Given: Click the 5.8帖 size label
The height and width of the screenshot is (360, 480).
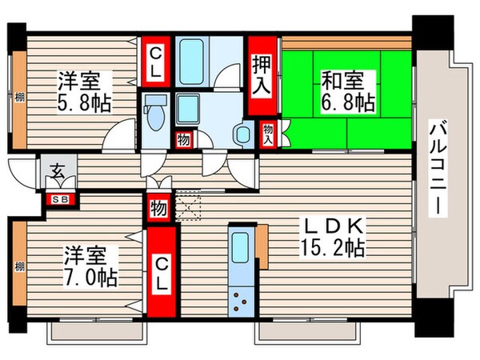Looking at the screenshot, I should tap(85, 103).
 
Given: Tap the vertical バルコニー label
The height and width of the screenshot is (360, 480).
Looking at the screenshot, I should tap(438, 168).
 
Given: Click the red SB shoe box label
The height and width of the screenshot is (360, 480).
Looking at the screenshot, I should tap(58, 199).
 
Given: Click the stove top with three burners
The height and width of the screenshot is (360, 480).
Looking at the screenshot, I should tap(240, 300).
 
